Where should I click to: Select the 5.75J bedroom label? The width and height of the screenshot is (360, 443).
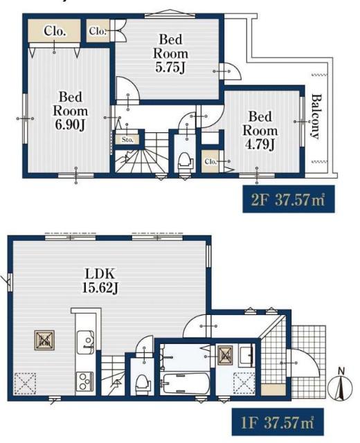tap(170, 53)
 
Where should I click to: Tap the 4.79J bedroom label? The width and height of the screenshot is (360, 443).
tap(260, 130)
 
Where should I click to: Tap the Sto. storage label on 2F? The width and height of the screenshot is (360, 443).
tap(127, 139)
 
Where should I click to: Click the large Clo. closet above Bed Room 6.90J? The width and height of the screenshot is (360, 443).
tap(55, 30)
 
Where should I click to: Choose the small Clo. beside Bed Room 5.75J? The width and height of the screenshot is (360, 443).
tap(97, 30)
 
